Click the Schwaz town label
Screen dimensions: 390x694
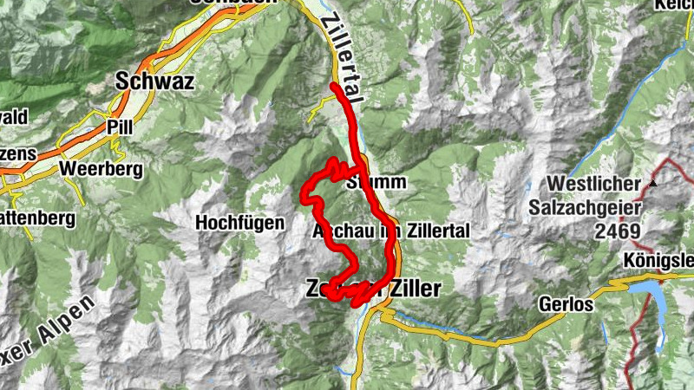click(x=154, y=81)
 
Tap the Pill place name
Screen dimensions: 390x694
click(x=119, y=127)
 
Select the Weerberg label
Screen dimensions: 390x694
click(x=101, y=168)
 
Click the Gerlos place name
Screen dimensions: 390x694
click(x=565, y=306)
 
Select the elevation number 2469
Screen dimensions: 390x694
click(x=618, y=231)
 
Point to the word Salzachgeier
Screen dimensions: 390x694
click(x=596, y=208)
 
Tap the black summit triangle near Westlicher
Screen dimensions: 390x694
click(x=652, y=184)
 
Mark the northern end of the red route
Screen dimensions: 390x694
click(x=334, y=86)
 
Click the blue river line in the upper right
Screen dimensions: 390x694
click(x=607, y=121)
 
